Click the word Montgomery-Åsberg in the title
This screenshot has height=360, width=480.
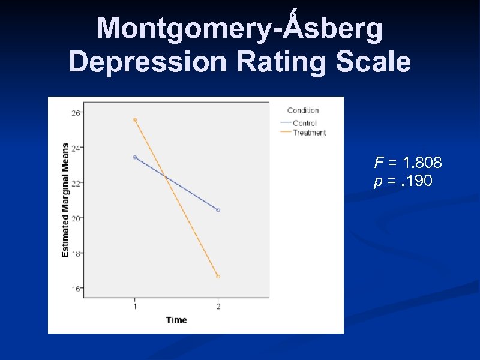pos(239,29)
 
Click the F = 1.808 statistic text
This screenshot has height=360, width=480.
pos(408,163)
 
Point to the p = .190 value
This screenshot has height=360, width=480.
pos(403,181)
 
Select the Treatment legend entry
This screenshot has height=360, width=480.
pos(309,133)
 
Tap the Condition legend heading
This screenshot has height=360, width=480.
pos(303,110)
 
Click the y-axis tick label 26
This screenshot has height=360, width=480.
pos(76,112)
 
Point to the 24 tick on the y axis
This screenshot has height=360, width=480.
pos(76,148)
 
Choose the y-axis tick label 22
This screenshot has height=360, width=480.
pos(76,183)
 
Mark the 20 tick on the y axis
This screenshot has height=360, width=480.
pos(76,218)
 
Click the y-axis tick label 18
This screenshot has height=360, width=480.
pos(76,254)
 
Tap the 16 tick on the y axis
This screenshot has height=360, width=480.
pos(76,289)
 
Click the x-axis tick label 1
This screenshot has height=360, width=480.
pos(134,307)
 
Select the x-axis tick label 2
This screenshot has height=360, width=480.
pos(218,307)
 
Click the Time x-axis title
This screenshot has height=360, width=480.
pos(176,320)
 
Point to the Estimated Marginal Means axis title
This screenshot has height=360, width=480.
pos(65,200)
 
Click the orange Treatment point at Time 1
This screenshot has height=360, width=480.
pos(135,120)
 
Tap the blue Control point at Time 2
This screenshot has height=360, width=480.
pos(218,210)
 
